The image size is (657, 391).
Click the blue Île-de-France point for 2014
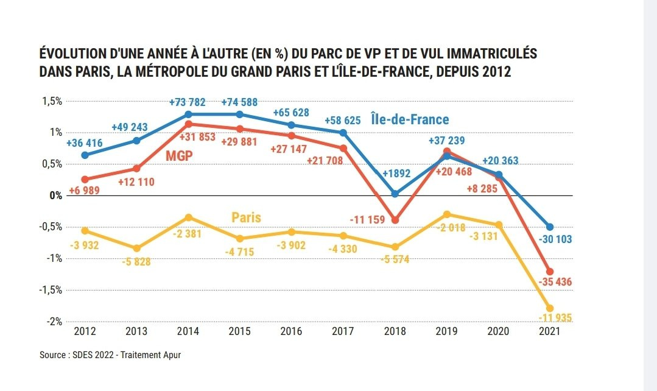[x=189, y=114]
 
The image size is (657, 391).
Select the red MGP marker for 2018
[x=395, y=220]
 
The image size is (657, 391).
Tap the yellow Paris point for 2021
[x=550, y=308]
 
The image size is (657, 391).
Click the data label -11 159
[x=367, y=219]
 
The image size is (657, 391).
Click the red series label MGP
[x=179, y=155]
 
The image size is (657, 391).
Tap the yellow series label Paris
[x=247, y=217]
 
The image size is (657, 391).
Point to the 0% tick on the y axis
[x=55, y=195]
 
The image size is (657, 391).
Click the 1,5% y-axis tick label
[x=52, y=101]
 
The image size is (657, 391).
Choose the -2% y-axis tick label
[x=54, y=322]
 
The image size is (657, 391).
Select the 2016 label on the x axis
[x=292, y=332]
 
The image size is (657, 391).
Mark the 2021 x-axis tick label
[x=550, y=332]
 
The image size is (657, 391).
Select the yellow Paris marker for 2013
[x=137, y=248]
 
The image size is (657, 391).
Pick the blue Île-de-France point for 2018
[x=395, y=194]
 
